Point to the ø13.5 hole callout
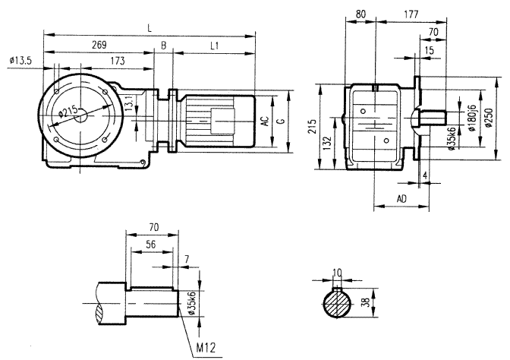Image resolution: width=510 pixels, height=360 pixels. [20, 60]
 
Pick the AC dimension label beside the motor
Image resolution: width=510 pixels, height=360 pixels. [264, 122]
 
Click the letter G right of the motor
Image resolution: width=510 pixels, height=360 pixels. [281, 122]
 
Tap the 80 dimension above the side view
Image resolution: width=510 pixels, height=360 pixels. [359, 14]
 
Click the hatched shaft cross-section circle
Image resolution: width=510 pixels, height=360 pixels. [338, 305]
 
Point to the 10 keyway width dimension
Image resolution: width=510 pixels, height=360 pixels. [338, 271]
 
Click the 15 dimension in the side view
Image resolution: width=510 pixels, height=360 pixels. [430, 50]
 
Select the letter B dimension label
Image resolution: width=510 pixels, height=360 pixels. [162, 46]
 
